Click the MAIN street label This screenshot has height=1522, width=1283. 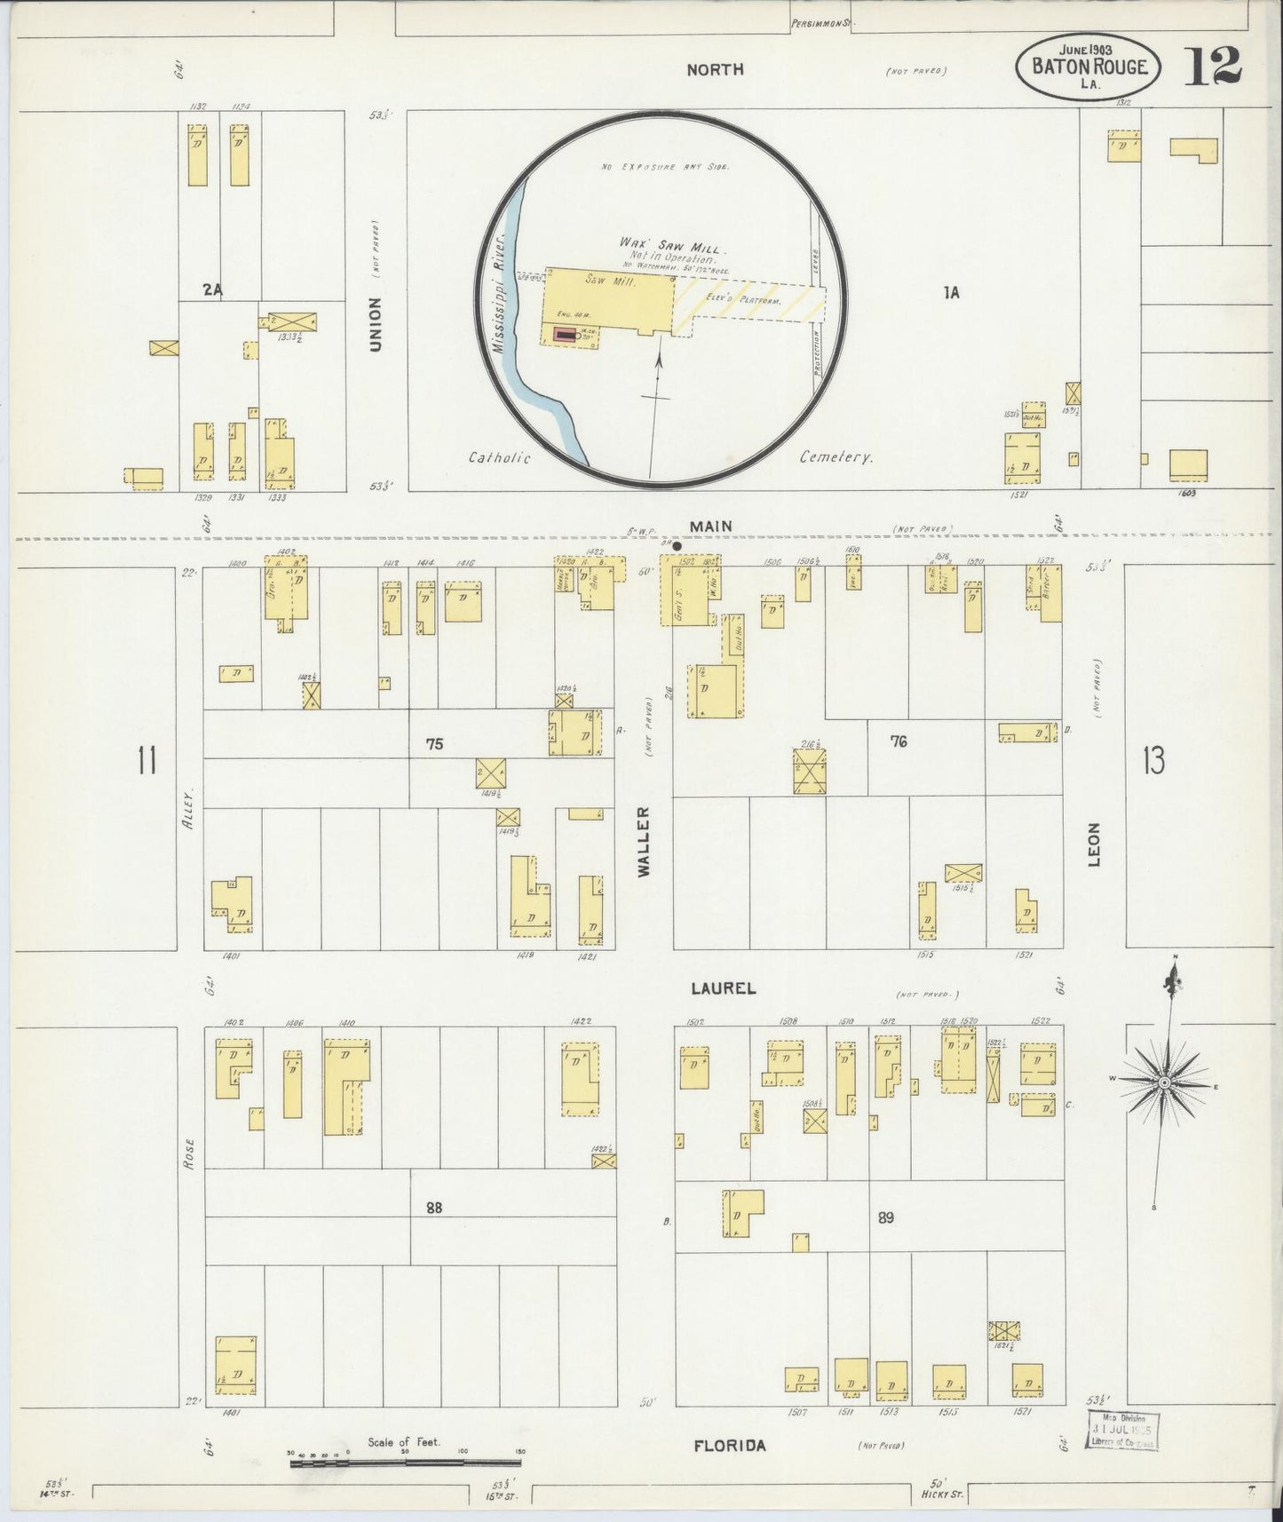711,527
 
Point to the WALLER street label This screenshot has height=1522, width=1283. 644,841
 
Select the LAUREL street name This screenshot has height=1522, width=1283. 724,987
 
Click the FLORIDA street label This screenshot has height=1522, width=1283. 729,1447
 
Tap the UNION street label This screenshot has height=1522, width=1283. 375,323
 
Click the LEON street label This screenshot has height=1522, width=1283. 1094,845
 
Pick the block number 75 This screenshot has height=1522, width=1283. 433,744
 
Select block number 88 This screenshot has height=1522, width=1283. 433,1207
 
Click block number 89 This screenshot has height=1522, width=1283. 885,1217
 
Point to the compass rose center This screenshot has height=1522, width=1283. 1163,1082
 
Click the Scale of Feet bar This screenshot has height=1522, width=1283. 405,1463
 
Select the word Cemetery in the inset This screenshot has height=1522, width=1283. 836,457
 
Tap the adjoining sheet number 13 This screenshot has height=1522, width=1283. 1153,761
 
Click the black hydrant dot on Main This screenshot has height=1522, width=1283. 677,545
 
